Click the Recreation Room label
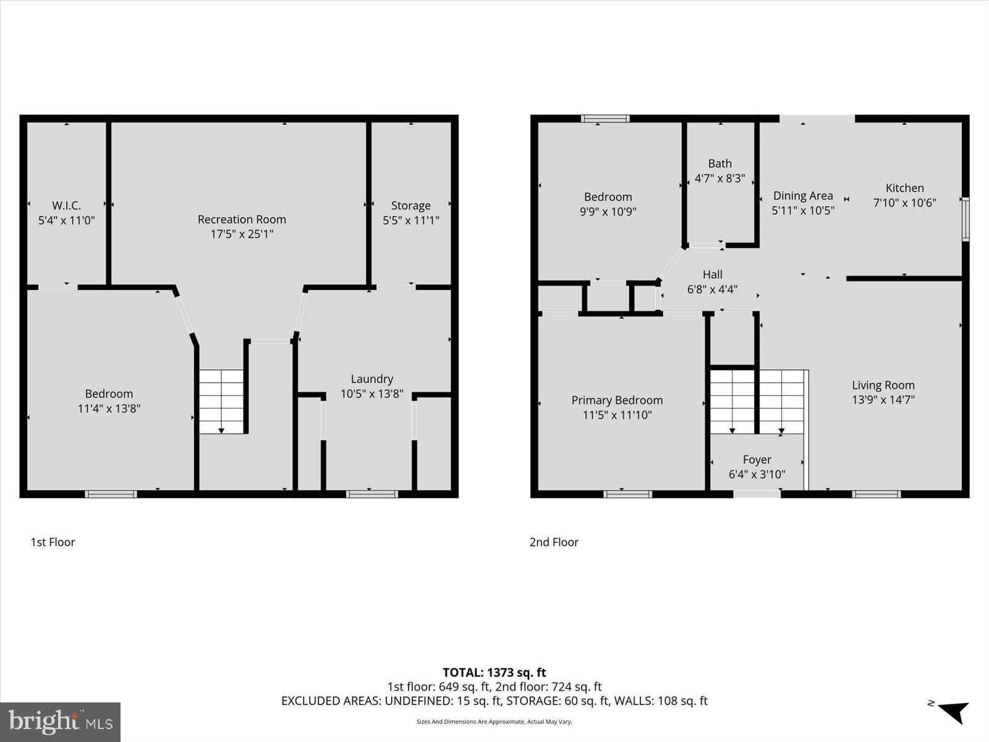click(242, 219)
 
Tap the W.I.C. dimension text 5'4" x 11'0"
click(66, 220)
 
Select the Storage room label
click(410, 205)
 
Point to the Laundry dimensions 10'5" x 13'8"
click(371, 394)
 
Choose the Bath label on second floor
click(719, 163)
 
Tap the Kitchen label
click(904, 188)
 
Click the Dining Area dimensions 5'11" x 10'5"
click(803, 210)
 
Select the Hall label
click(712, 275)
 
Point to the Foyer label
click(757, 459)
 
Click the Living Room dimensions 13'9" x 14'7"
click(883, 399)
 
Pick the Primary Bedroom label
click(617, 400)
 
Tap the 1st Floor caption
click(53, 542)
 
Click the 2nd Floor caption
click(554, 542)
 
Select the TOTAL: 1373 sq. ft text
click(494, 672)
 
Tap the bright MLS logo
click(60, 722)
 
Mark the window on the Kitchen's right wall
click(966, 218)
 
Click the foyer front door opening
click(757, 493)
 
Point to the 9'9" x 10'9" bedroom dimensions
click(608, 211)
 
